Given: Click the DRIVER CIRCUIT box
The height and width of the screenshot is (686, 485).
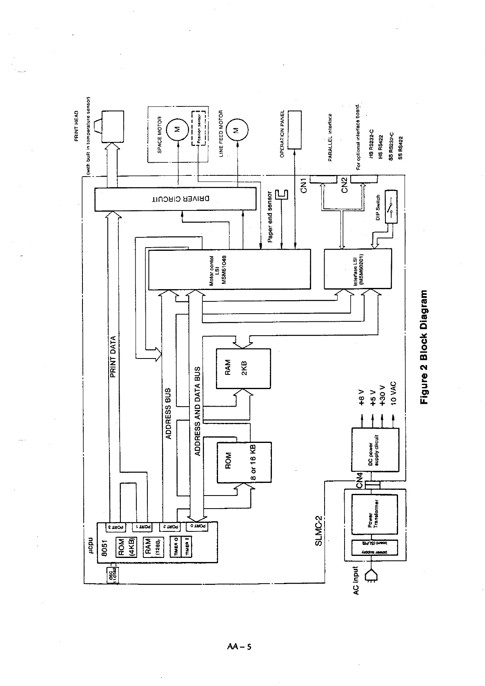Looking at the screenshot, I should point(176,199).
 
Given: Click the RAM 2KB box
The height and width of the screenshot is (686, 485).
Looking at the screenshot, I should point(243,368).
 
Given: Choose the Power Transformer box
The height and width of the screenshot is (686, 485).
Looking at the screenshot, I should point(374,515).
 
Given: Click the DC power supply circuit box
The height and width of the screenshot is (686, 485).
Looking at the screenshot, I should point(375,449).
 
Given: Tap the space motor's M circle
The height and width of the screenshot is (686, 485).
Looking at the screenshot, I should point(177,129).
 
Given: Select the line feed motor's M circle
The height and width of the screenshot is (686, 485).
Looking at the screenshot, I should point(235,130).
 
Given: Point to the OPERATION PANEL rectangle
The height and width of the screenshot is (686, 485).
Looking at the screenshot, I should point(294,130).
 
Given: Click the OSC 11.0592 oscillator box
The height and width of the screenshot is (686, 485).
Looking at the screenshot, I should point(112,575).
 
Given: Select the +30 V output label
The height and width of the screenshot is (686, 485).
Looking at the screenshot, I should point(382,395).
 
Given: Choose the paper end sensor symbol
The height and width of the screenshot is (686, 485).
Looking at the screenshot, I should point(282,195).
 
